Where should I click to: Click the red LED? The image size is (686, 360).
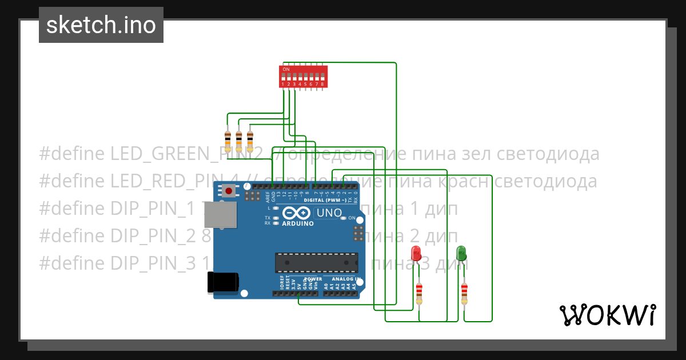point(416,253)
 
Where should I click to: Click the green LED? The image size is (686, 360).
point(461,253)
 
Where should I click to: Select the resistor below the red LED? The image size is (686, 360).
point(419,293)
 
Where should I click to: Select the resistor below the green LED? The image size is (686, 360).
point(464,293)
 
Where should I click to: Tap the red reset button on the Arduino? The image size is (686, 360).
point(229,191)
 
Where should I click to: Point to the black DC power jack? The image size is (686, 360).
point(222,282)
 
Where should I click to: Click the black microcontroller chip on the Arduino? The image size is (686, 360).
point(316,262)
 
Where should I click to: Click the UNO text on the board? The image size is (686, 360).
point(329,213)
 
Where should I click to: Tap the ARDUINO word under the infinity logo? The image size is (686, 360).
point(298,223)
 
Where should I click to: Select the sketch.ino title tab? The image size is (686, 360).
point(101,25)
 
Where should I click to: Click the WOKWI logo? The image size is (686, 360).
point(607,315)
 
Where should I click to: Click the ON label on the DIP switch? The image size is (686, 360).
point(286,69)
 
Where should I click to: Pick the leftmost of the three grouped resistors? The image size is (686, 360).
point(228,139)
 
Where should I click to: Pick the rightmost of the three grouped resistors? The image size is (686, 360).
point(250,139)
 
